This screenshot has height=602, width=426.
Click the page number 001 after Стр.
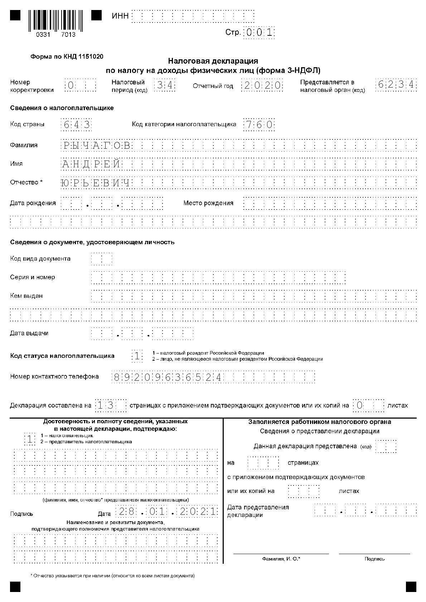point(259,33)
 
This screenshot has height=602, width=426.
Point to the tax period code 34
point(165,86)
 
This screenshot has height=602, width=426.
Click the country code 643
point(76,125)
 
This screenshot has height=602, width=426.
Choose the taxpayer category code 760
point(259,125)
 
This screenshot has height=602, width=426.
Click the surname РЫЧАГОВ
point(97,145)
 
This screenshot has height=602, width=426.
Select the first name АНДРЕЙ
point(92,164)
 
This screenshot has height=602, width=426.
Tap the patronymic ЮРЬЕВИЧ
point(95,183)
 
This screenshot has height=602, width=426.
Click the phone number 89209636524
point(168,377)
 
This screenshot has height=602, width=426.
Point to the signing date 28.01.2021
point(166,512)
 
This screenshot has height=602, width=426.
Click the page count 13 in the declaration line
point(106,405)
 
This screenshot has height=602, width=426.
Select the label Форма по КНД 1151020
point(67,56)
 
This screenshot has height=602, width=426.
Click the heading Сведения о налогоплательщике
point(62,108)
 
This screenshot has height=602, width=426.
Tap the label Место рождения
point(208,203)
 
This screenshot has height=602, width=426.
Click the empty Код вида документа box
point(102,259)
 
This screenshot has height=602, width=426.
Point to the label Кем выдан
point(26,296)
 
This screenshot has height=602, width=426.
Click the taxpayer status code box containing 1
point(137,356)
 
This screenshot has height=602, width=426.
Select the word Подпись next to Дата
point(21,514)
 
